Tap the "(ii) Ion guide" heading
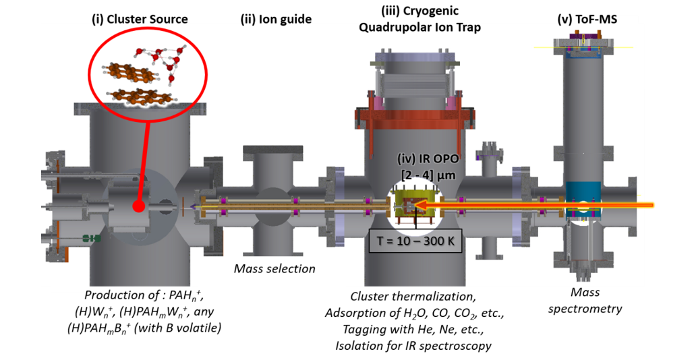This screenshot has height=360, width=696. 276,20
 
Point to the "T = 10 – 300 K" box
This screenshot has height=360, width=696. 415,240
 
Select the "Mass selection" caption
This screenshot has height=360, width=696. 274,269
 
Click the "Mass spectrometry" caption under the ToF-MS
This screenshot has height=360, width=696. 585,301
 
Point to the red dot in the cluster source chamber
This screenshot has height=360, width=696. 138,206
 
